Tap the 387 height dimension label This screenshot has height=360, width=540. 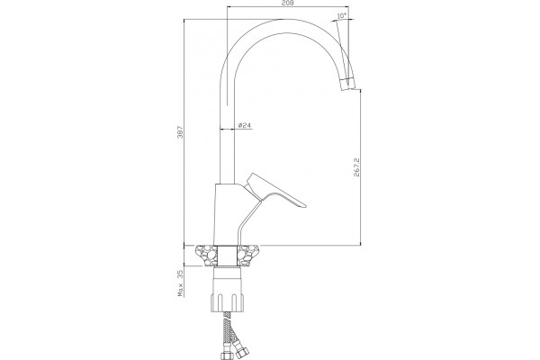(x=182, y=132)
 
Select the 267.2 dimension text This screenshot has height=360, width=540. (x=356, y=167)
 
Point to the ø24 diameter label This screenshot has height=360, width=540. (x=244, y=125)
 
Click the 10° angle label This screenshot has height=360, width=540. (x=341, y=15)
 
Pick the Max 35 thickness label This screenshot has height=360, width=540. (x=180, y=283)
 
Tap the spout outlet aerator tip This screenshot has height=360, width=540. (x=346, y=84)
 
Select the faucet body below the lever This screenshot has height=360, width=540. (x=229, y=214)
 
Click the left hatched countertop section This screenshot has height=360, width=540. (x=207, y=256)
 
